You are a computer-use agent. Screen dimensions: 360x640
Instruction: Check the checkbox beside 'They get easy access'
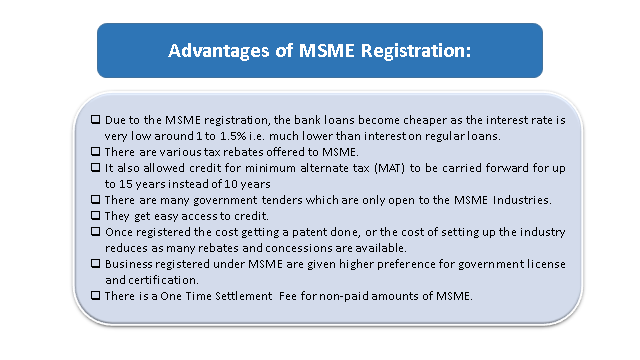pos(95,215)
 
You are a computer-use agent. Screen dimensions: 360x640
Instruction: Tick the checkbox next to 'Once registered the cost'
pos(95,231)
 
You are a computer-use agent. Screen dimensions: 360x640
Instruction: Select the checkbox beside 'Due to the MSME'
pos(95,120)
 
